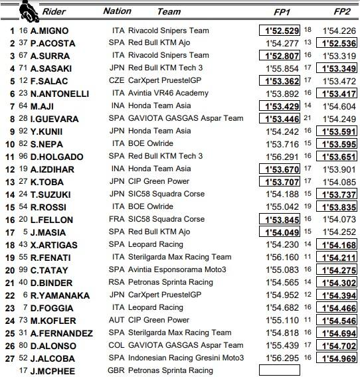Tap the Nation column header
118,11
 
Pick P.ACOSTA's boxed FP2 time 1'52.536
339,43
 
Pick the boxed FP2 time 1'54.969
339,358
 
